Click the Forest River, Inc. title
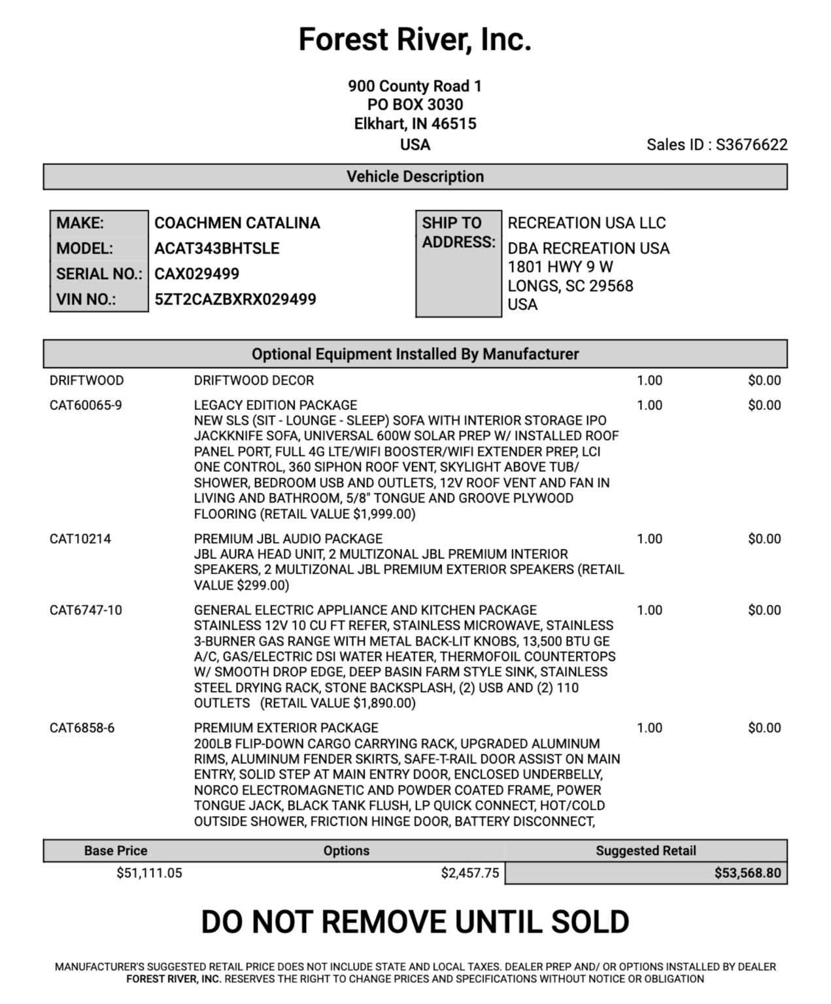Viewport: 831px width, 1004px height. point(415,39)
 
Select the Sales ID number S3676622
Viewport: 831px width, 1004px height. point(751,144)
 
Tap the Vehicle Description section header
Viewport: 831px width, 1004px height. point(415,176)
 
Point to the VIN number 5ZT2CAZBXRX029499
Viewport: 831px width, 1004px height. point(235,299)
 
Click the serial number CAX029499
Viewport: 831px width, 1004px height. point(197,274)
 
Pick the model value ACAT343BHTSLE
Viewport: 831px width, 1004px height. point(216,248)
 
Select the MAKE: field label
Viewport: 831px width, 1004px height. point(80,223)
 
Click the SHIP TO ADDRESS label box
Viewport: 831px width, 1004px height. point(458,233)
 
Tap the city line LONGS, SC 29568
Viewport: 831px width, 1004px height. point(570,286)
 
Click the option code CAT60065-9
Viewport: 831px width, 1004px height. point(86,405)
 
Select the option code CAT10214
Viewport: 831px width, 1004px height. point(80,539)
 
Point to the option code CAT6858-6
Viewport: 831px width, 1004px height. point(82,728)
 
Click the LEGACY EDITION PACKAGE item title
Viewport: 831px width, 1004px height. point(275,405)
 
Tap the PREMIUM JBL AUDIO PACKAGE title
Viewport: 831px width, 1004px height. point(288,539)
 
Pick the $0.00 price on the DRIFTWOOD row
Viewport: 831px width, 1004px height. point(764,380)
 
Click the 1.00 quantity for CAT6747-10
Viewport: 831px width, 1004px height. point(649,610)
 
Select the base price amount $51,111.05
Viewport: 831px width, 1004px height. point(149,873)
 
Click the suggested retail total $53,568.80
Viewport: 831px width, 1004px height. point(747,873)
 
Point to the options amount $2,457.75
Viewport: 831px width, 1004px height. point(469,873)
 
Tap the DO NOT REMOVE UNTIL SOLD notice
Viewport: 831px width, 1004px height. point(415,922)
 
